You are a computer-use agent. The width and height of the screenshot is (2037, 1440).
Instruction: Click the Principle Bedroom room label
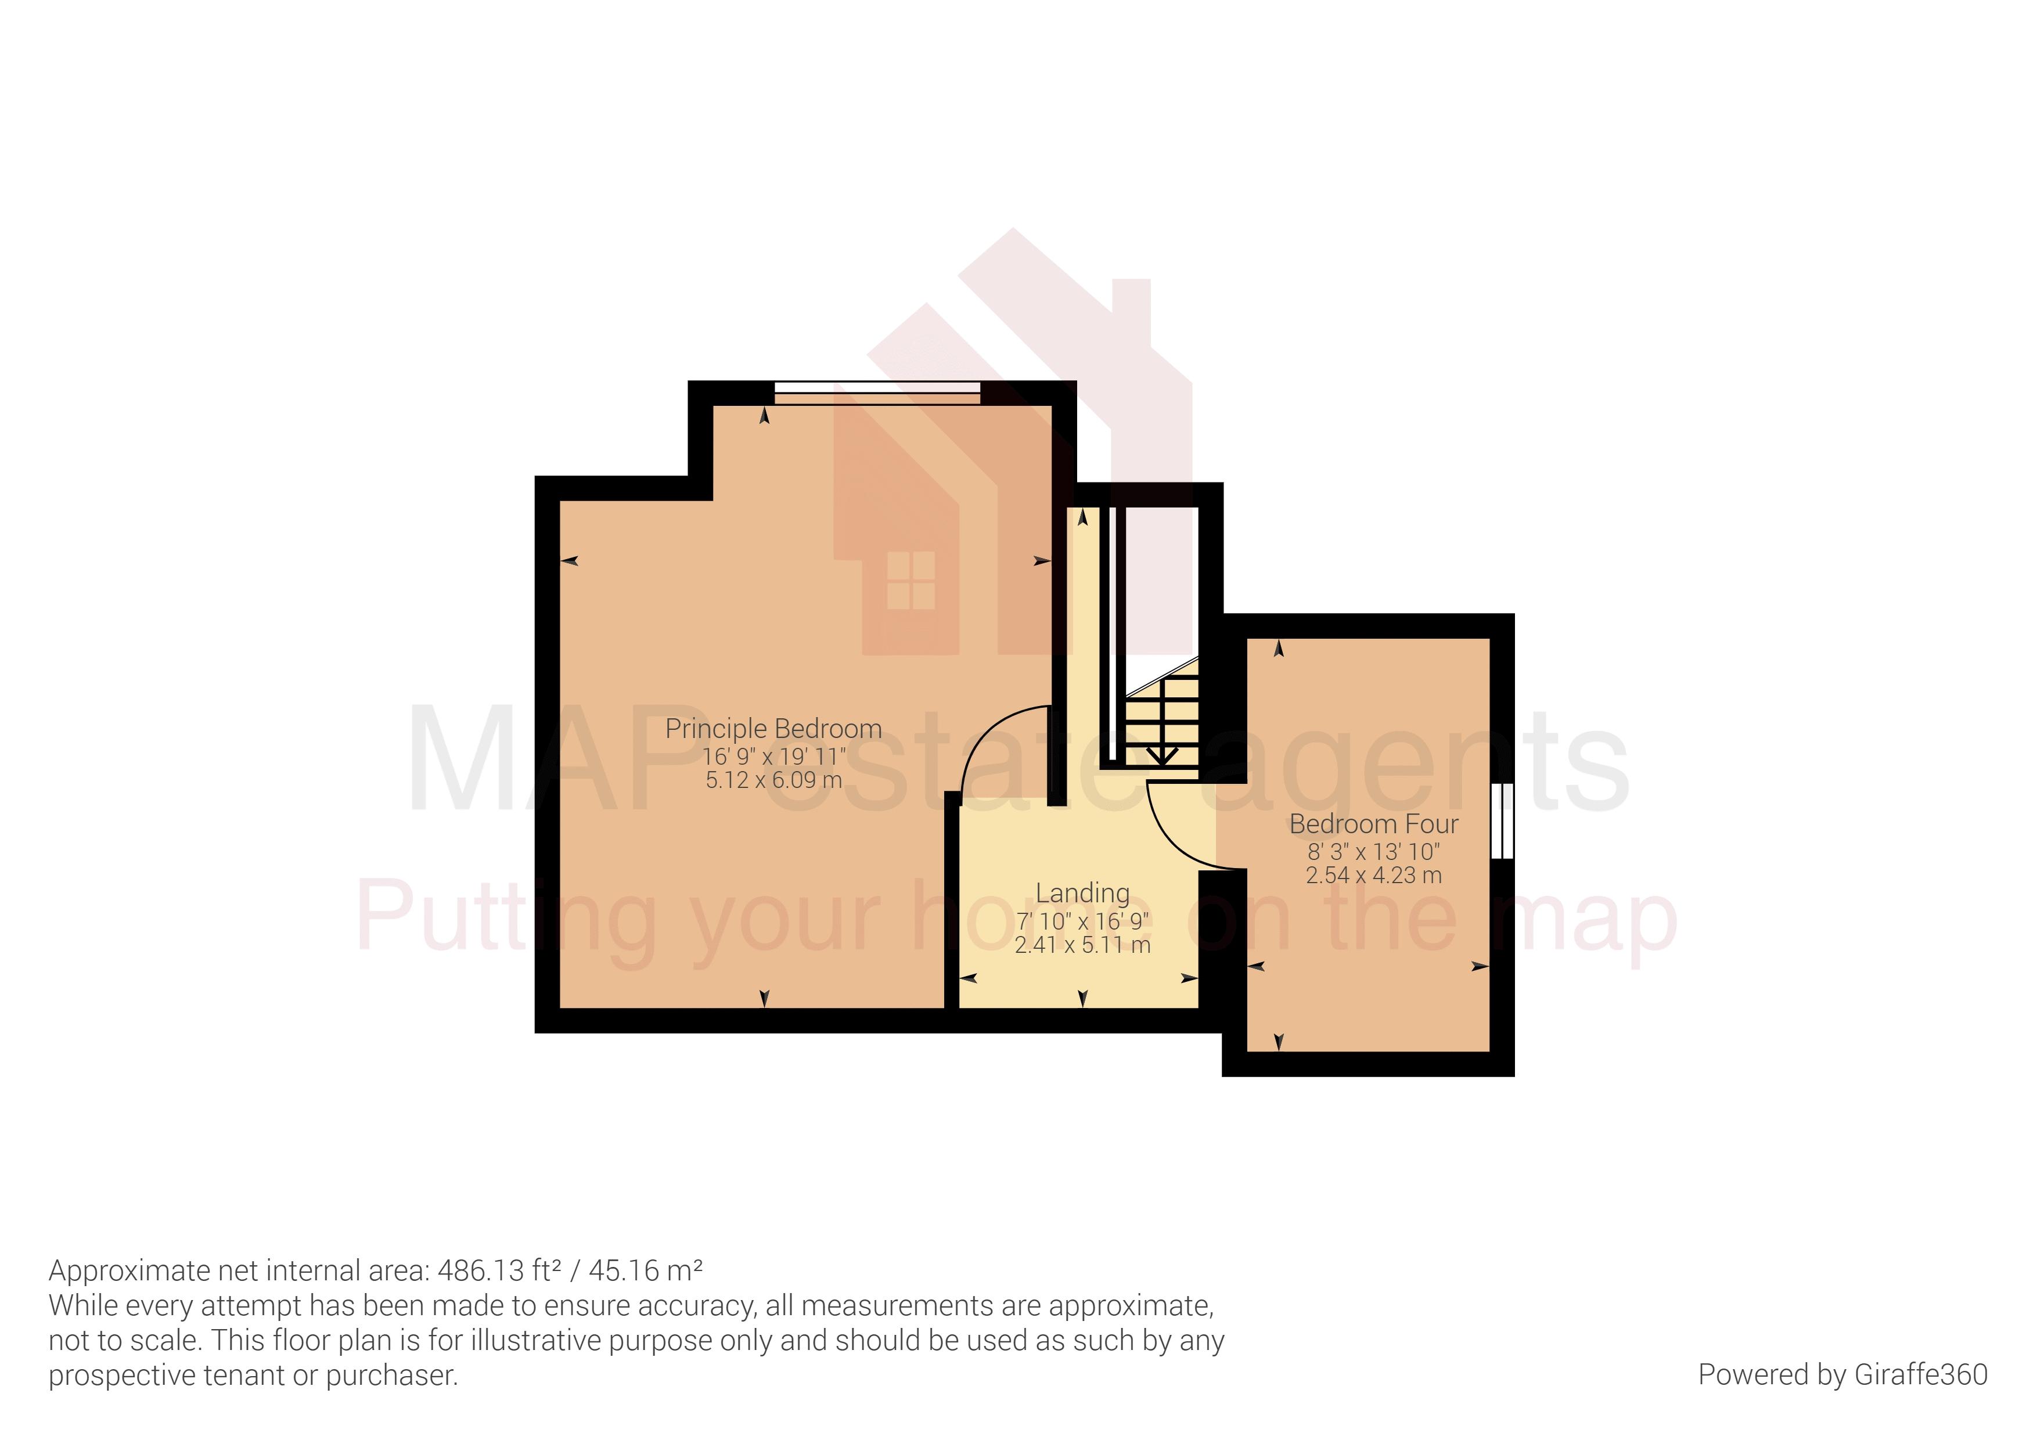click(773, 729)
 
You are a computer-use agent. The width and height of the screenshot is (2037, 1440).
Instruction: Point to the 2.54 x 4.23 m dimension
click(1373, 875)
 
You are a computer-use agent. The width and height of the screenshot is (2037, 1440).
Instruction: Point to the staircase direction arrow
click(1161, 754)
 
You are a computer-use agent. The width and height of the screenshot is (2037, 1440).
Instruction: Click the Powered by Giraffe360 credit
click(1842, 1374)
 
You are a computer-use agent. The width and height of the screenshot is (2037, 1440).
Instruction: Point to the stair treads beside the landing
click(1163, 719)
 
